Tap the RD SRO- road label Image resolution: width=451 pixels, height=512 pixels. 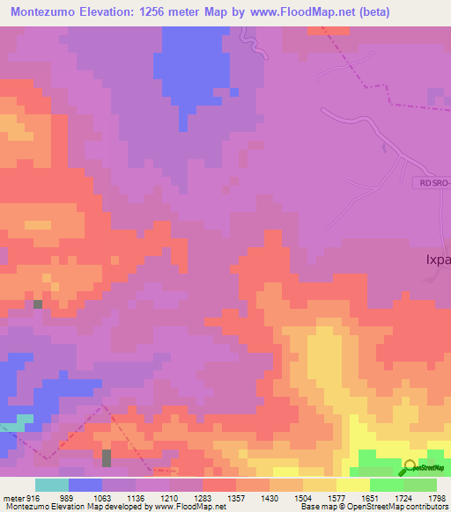click(x=432, y=181)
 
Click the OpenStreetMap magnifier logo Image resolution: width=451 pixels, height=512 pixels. click(x=409, y=468)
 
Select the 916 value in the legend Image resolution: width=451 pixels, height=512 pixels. click(x=32, y=497)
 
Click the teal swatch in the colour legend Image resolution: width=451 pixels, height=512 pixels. click(x=51, y=485)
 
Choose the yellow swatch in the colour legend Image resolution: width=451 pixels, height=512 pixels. click(x=352, y=485)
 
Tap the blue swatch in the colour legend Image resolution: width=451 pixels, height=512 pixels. click(x=85, y=485)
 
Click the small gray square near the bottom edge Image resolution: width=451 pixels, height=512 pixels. click(x=107, y=457)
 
